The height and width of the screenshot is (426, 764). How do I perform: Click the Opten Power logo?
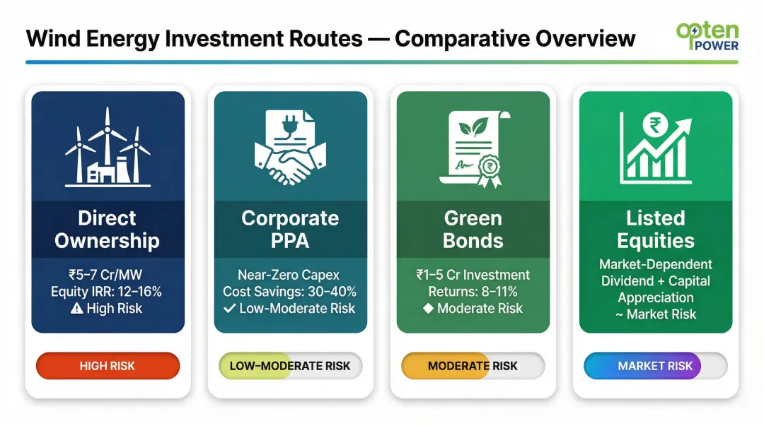tap(707, 36)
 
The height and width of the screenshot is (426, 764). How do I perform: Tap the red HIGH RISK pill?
tap(108, 366)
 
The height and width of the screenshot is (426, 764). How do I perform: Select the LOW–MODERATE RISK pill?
tap(290, 366)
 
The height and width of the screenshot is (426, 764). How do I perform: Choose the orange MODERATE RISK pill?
tap(473, 366)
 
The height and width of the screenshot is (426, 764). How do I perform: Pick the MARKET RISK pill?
tap(655, 366)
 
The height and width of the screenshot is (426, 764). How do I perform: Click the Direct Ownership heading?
tap(108, 229)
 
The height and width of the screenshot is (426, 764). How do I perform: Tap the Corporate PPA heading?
tap(290, 229)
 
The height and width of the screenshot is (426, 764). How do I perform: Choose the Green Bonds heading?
tap(473, 229)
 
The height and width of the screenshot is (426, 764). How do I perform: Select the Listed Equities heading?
tap(655, 229)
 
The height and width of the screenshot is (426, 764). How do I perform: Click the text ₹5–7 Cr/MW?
tap(108, 274)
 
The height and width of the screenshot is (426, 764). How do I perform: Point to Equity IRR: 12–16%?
tap(108, 291)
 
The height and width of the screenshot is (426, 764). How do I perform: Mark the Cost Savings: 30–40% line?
tap(290, 291)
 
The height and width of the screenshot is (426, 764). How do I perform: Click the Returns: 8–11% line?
tap(473, 291)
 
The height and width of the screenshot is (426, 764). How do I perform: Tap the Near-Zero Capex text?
tap(290, 274)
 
